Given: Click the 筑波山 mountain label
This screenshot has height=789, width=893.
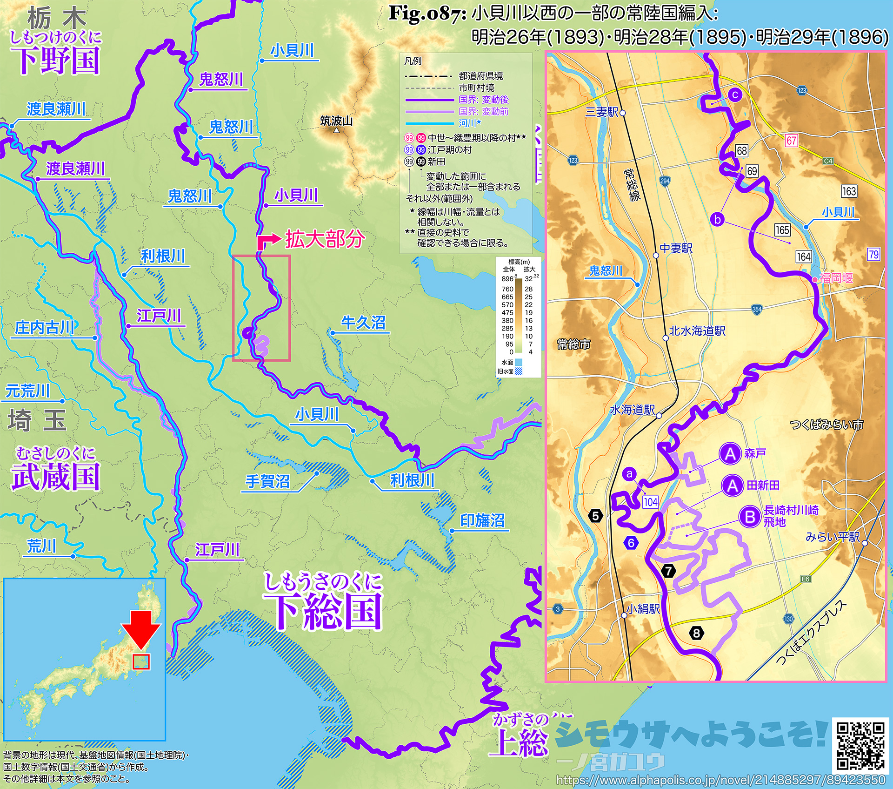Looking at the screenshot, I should pos(336,121).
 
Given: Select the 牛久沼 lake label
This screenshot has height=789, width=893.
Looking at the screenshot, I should pos(363,323).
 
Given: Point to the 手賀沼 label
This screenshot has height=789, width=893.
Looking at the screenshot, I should pos(267,481).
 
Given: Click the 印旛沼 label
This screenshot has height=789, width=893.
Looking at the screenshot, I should pos(482,520).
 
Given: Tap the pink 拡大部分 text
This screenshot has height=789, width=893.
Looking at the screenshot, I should pos(325,239).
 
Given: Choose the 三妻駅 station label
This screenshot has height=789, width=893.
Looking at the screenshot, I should pos(601,112).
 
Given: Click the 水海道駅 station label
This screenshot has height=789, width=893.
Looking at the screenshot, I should pos(632,410).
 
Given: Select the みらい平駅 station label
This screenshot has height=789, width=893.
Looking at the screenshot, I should pos(833,537).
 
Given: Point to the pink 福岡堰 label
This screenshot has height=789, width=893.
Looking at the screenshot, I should pos(836,278).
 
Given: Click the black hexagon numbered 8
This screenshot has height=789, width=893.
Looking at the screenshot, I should pos(696,633).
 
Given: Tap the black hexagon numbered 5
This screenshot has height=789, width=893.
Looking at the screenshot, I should pos(595,515).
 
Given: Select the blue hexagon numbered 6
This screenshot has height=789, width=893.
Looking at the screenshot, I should pos(631,543).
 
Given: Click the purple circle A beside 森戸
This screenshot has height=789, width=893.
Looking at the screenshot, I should pos(730,453).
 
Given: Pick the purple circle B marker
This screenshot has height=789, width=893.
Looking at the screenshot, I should pos(750,517).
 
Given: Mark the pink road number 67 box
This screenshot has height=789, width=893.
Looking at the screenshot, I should pos(792,140).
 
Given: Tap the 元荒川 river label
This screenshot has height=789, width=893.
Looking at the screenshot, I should pos(27,391).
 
